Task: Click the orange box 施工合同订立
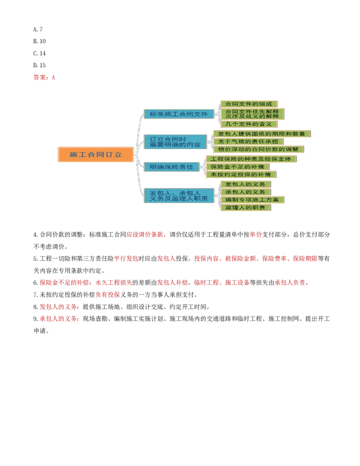(x=96, y=154)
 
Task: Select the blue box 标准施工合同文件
(x=179, y=114)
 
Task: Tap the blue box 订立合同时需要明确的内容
(x=175, y=142)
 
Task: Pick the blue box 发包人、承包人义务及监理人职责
(x=179, y=195)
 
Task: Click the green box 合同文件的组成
(x=248, y=104)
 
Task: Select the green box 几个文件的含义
(x=248, y=124)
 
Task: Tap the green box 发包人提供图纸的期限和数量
(x=261, y=134)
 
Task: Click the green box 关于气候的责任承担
(x=248, y=141)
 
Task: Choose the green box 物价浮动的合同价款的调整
(x=258, y=149)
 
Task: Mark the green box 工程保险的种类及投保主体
(x=251, y=159)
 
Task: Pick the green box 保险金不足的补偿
(x=238, y=167)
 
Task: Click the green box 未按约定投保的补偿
(x=241, y=174)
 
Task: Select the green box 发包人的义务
(x=245, y=184)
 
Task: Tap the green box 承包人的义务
(x=245, y=192)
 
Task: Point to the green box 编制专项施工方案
(x=252, y=199)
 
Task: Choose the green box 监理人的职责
(x=245, y=208)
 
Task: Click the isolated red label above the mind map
(x=45, y=77)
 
